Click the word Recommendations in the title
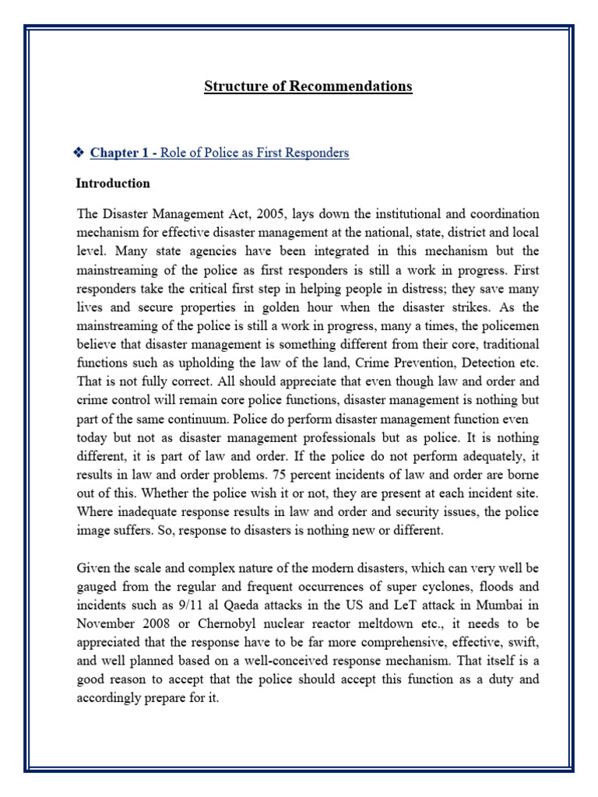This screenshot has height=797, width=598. [351, 86]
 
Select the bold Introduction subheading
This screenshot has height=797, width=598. [113, 184]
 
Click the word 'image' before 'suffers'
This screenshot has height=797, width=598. [95, 531]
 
